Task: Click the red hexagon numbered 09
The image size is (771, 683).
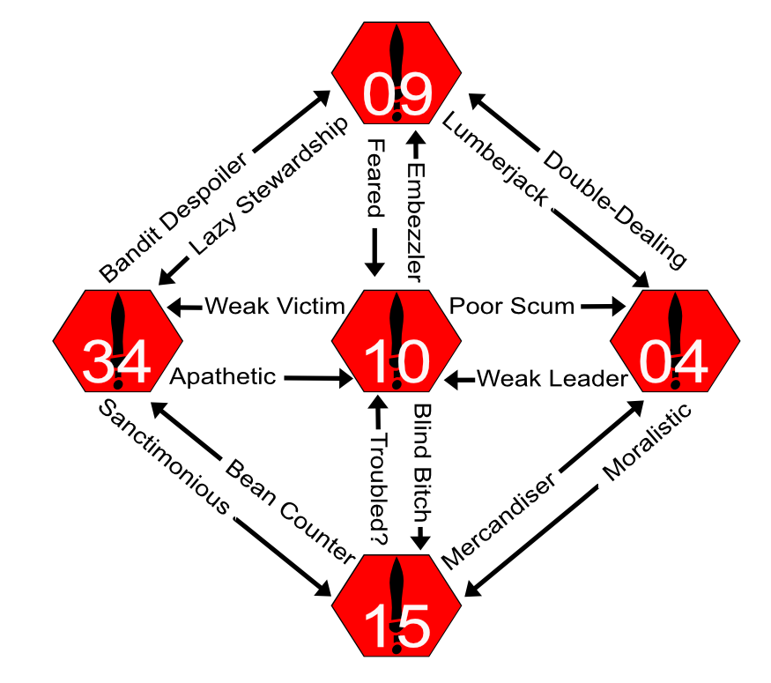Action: pyautogui.click(x=396, y=74)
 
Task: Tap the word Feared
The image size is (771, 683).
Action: pyautogui.click(x=375, y=178)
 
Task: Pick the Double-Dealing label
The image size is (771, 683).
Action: pyautogui.click(x=614, y=209)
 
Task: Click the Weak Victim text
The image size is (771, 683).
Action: pyautogui.click(x=274, y=307)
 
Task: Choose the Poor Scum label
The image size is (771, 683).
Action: pyautogui.click(x=512, y=307)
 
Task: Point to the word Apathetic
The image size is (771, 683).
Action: pyautogui.click(x=222, y=377)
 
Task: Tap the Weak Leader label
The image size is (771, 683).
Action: pyautogui.click(x=552, y=379)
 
